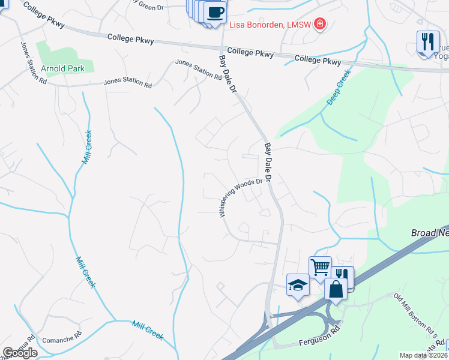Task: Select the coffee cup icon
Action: pos(215,12)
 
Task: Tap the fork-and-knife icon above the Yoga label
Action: pos(427,42)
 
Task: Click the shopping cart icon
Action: pos(320,267)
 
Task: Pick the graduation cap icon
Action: pos(298,284)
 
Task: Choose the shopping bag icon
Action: pos(336,289)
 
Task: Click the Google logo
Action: pos(20,353)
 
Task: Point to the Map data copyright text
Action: pos(424,355)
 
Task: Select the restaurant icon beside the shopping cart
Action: pos(342,277)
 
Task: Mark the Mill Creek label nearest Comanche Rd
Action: pos(148,329)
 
